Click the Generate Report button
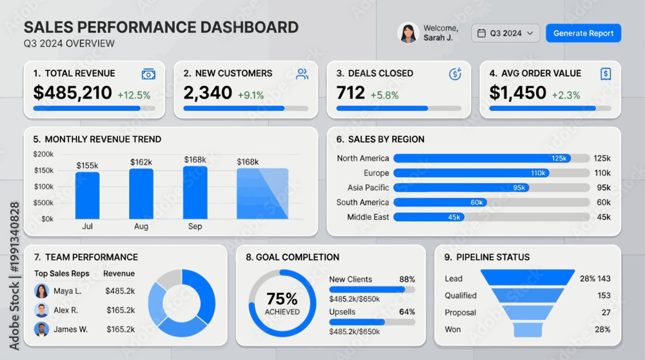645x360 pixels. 583,34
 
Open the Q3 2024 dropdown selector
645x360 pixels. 506,34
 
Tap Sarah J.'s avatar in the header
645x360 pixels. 408,33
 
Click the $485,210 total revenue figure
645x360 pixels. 72,92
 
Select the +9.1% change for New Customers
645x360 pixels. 251,95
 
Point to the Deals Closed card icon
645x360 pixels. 455,74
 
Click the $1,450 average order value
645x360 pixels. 517,92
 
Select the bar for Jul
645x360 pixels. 87,195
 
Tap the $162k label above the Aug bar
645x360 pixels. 141,162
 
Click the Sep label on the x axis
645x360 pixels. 195,226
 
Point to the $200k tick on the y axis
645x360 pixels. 43,154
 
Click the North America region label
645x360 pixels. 362,159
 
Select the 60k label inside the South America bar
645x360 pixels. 477,203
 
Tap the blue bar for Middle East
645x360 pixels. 429,217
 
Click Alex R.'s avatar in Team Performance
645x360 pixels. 41,310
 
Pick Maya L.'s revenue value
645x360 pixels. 120,291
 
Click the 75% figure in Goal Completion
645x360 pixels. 283,299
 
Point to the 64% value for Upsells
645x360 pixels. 407,312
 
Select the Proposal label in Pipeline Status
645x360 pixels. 461,313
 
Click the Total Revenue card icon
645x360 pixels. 148,74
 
